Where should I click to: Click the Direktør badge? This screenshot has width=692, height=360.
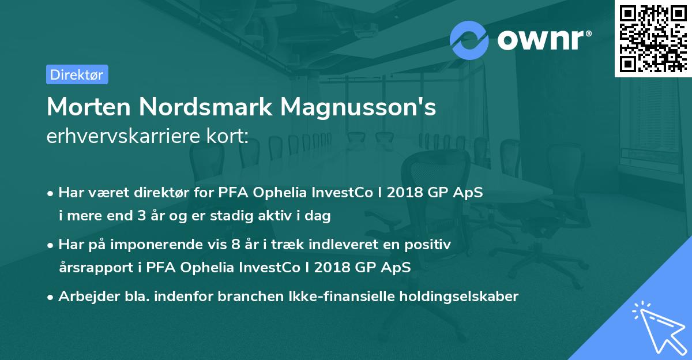[x=77, y=74]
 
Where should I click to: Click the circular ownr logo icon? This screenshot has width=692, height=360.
[x=469, y=40]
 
